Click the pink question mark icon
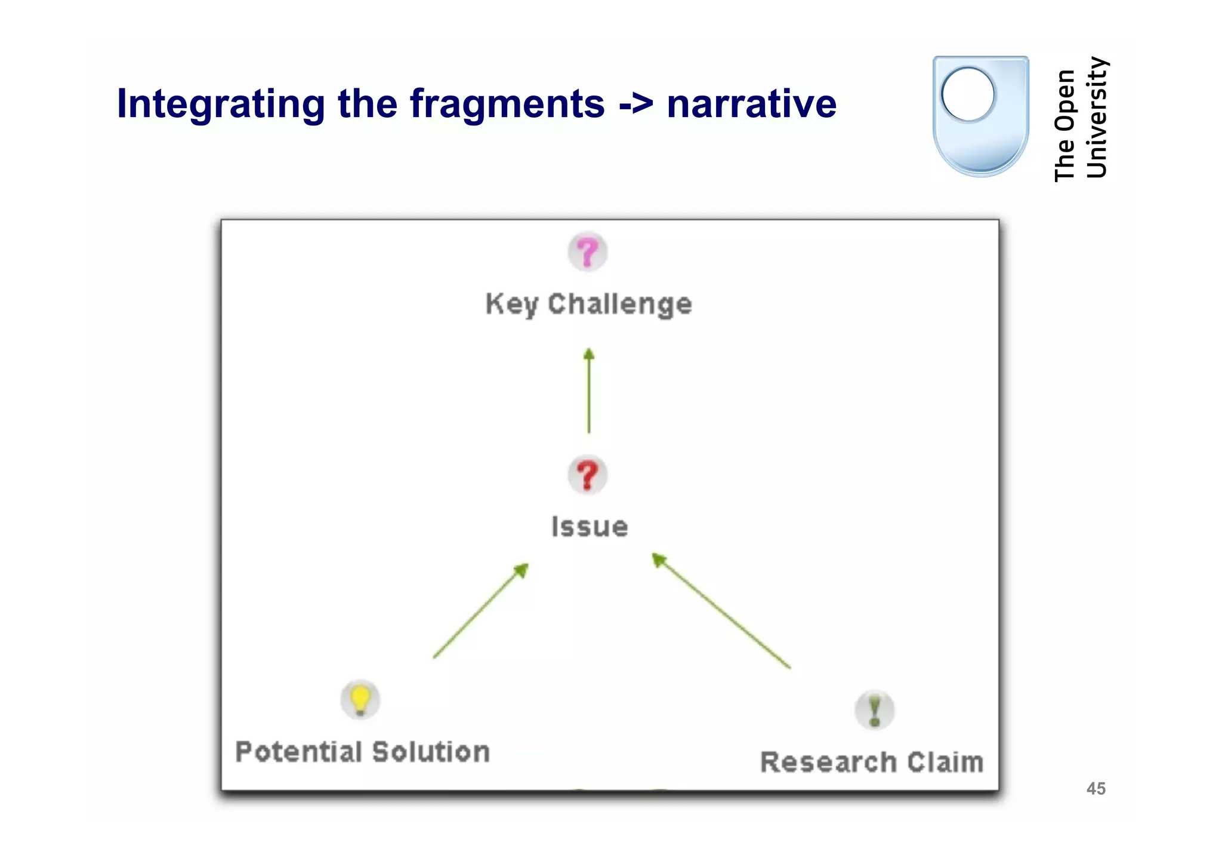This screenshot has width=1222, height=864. (x=588, y=252)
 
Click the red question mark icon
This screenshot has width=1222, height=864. (x=588, y=475)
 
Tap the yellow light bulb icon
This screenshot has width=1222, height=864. (x=360, y=699)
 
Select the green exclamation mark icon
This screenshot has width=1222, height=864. (x=875, y=710)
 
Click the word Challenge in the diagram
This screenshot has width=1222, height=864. (x=620, y=305)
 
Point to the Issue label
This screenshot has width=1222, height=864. (x=590, y=527)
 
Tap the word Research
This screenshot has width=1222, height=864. (x=829, y=762)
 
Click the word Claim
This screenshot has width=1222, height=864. (x=945, y=762)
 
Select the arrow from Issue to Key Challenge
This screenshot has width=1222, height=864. (x=589, y=391)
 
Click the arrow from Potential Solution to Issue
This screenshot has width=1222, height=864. (x=480, y=611)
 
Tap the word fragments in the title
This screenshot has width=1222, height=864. (x=507, y=104)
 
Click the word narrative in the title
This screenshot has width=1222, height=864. (x=752, y=104)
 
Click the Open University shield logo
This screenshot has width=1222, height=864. (x=980, y=116)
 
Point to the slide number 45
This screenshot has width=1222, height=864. (x=1096, y=789)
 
